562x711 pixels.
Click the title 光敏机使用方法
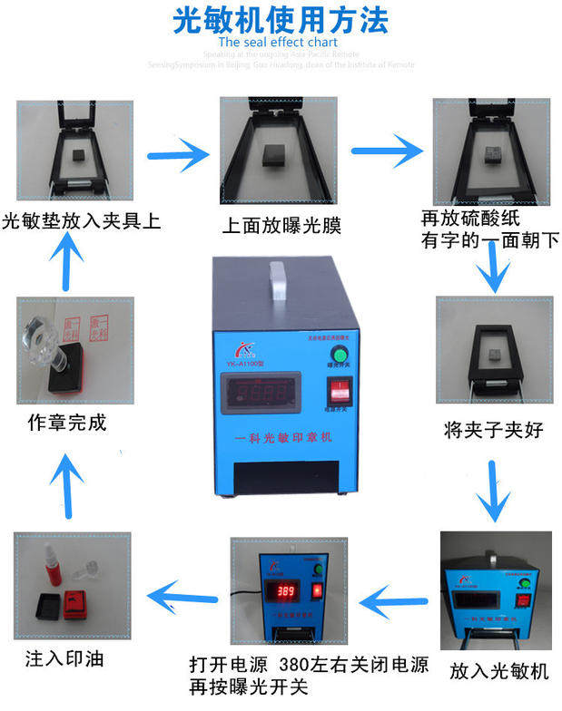point(281,19)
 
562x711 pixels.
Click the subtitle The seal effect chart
point(278,42)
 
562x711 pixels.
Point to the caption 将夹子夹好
point(494,429)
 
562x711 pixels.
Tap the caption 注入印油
point(64,657)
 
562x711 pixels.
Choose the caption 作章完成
point(66,423)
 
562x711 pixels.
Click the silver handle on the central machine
point(279,287)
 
